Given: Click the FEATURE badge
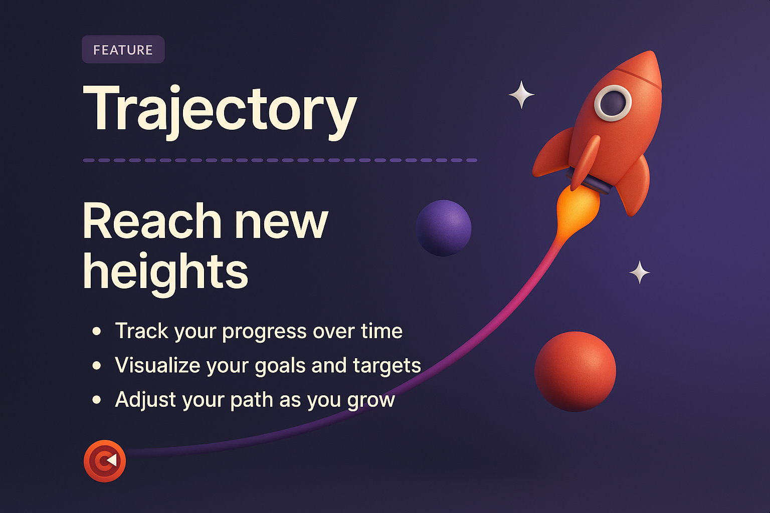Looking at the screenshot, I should tap(123, 50).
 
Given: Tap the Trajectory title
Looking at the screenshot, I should tap(220, 109).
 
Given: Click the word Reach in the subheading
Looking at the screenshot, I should tap(152, 221).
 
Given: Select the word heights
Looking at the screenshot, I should tap(165, 271).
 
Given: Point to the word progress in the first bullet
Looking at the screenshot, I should tap(264, 332).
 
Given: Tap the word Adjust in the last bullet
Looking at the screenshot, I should tap(145, 400).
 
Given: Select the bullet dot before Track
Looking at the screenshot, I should tap(97, 331).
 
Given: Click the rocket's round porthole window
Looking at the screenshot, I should tap(613, 103).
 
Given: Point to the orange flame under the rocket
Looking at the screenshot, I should tap(577, 205).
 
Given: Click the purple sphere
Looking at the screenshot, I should tap(444, 228).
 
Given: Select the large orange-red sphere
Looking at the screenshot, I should tap(575, 371).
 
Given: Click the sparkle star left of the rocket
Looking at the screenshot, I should tap(521, 95).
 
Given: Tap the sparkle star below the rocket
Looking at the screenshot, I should tap(640, 273).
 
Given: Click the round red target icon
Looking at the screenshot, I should tap(105, 461).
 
